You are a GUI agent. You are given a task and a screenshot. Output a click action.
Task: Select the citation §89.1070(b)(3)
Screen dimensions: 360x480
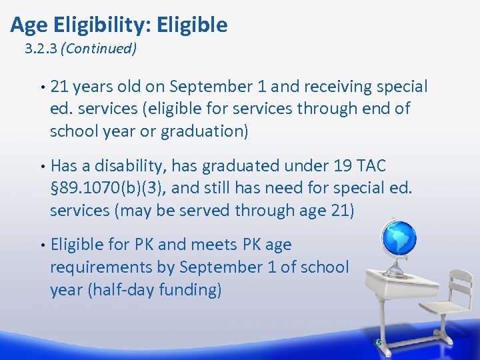pos(107,188)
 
